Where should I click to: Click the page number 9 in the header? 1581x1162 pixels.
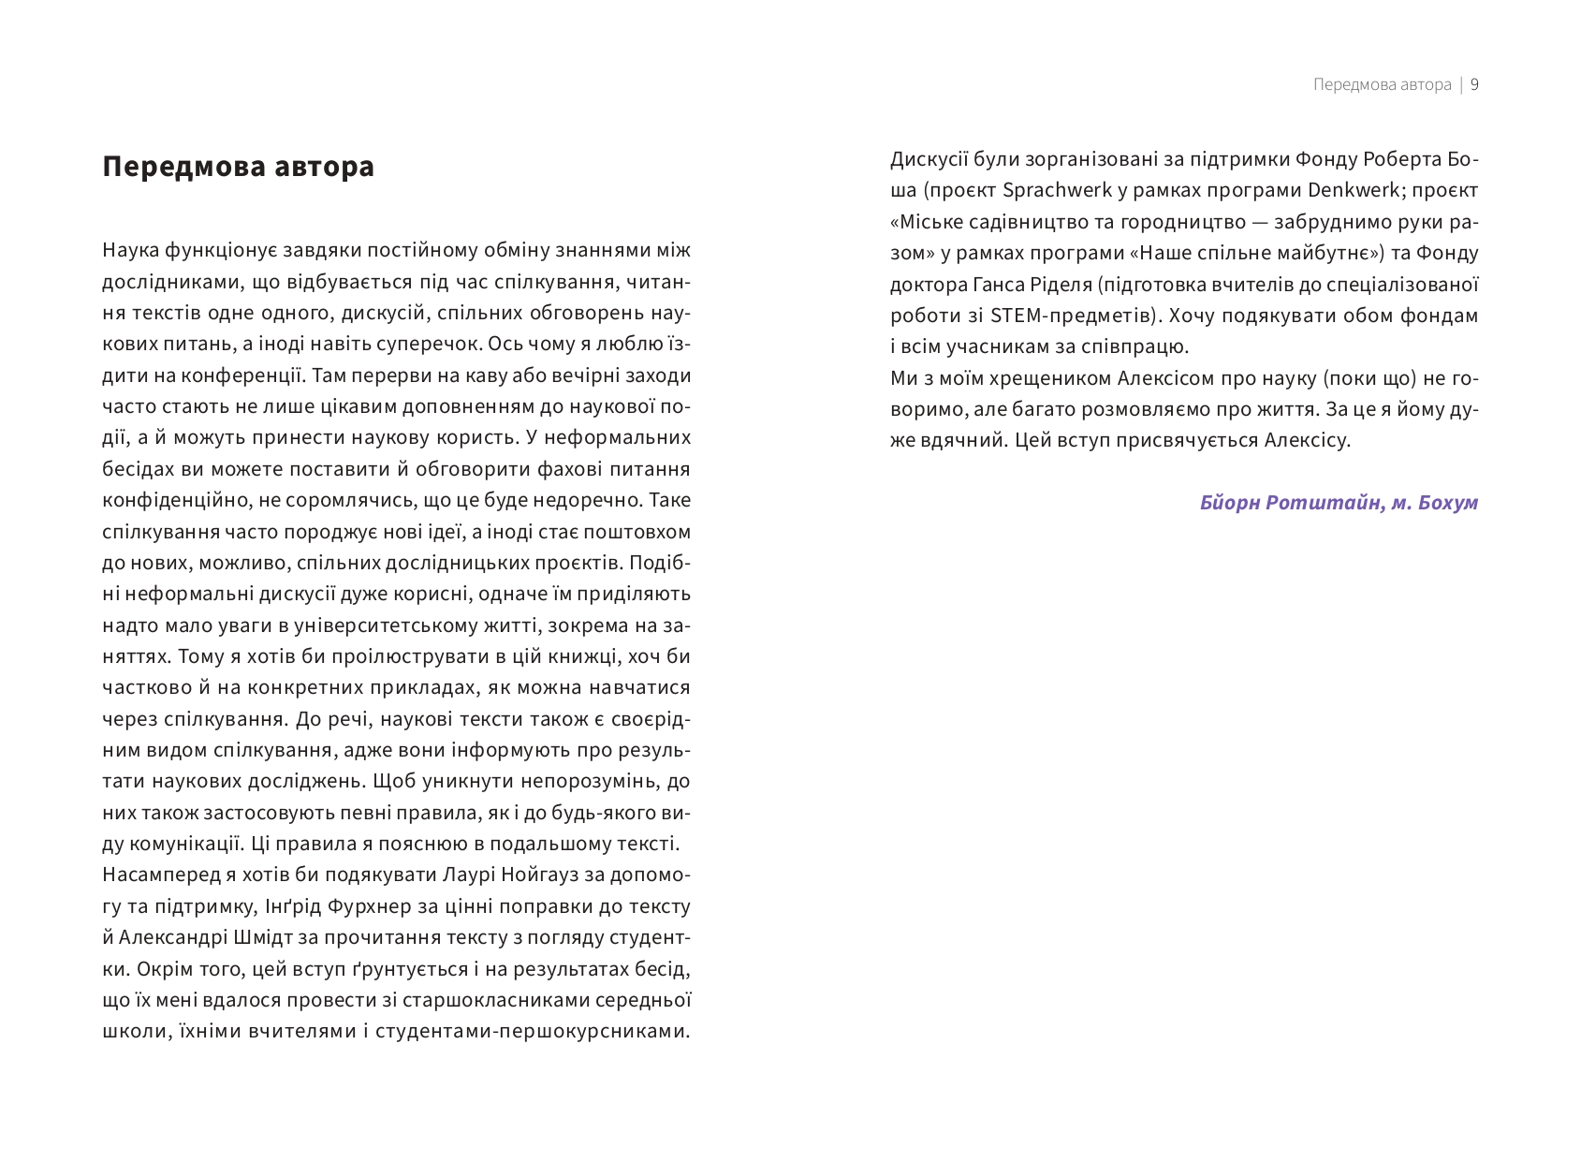coord(1474,85)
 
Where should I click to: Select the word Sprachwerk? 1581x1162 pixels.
coord(1057,190)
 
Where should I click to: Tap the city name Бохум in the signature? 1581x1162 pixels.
coord(1448,503)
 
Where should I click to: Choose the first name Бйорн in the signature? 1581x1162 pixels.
coord(1229,503)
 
